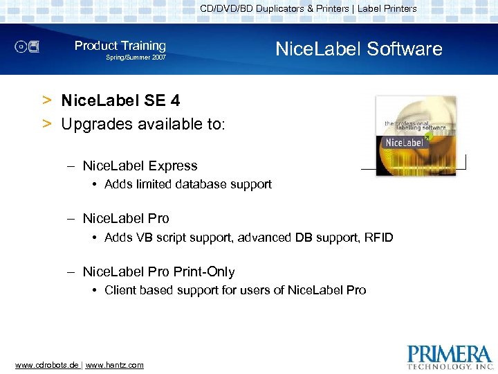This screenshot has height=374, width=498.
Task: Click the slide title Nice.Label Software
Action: coord(358,49)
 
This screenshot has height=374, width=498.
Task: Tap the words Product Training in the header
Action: coord(120,46)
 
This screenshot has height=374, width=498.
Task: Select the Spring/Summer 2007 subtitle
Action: coord(136,57)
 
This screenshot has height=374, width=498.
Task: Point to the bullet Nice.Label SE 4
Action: coord(120,101)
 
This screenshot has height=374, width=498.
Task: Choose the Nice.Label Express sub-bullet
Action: coord(140,166)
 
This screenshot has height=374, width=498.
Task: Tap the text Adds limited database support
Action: coord(187,184)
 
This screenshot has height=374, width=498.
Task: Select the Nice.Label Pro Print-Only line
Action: coord(158,272)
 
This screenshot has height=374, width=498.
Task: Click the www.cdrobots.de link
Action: coord(46,365)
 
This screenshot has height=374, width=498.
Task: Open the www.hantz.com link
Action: coord(114,365)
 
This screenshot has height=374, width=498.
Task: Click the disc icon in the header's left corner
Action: coord(28,47)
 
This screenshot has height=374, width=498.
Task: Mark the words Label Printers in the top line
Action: coord(387,8)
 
